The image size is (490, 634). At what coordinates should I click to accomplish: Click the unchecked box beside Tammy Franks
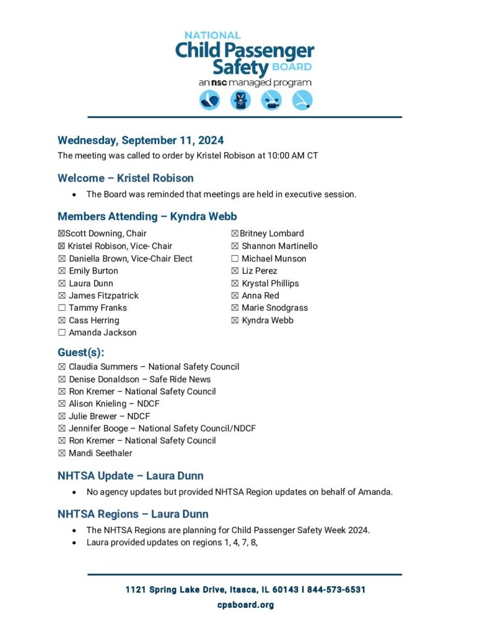click(62, 308)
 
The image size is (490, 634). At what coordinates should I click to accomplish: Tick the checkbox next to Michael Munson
click(235, 259)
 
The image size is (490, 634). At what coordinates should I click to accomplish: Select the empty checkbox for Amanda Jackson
click(62, 333)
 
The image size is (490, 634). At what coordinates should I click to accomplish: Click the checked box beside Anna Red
click(235, 296)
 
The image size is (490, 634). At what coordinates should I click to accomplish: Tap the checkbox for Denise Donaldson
click(62, 380)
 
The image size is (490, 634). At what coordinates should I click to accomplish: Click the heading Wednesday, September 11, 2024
click(141, 141)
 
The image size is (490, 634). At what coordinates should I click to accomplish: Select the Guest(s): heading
click(81, 353)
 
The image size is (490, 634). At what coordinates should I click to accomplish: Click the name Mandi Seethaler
click(100, 453)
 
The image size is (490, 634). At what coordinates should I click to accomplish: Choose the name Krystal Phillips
click(270, 284)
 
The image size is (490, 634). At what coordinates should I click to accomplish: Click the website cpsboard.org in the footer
click(245, 605)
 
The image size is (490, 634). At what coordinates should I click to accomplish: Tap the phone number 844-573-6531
click(336, 590)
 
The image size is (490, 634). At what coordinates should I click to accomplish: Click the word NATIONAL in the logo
click(212, 35)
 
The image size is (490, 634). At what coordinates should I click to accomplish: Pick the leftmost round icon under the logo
click(209, 100)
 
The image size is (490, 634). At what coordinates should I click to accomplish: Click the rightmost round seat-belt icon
click(302, 100)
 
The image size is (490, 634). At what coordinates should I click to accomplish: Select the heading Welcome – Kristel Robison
click(126, 178)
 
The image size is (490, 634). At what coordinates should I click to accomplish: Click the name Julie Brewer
click(91, 416)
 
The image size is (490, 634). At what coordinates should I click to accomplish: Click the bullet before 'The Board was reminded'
click(74, 195)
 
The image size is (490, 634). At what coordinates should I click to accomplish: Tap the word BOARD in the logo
click(292, 67)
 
